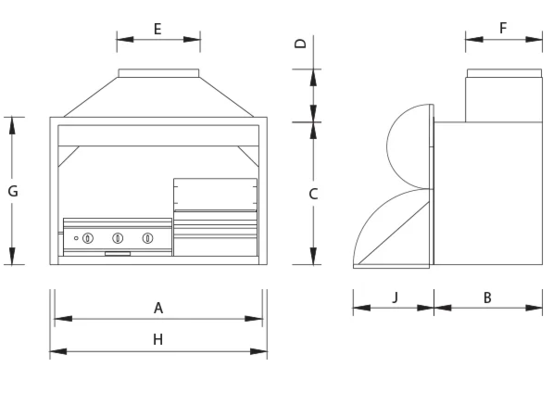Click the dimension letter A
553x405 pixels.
pos(158,307)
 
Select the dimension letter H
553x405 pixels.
pos(158,340)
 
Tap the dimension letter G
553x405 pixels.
pos(12,191)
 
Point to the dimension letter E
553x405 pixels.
pos(157,29)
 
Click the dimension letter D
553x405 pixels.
pos(300,44)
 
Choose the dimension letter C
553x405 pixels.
pos(313,194)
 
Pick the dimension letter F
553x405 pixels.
pos(503,28)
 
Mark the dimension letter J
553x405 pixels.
pos(394,297)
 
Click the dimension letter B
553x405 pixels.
pos(487,297)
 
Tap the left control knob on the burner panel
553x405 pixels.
pos(88,238)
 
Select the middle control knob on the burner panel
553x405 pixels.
pos(118,238)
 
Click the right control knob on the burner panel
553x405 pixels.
pos(147,238)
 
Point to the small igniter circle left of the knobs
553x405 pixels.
pos(76,238)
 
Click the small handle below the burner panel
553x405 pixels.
pos(118,253)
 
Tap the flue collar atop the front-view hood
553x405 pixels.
pos(157,72)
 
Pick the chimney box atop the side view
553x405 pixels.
pos(503,97)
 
